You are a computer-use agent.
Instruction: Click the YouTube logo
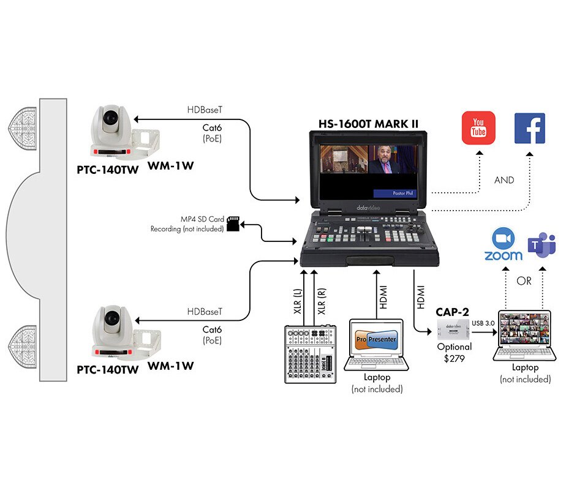[478, 127]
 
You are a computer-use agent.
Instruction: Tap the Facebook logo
[529, 127]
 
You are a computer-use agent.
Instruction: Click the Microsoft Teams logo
[542, 245]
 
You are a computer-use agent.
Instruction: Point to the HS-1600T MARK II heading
[368, 122]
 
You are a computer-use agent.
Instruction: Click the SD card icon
[233, 224]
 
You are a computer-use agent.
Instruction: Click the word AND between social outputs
[504, 181]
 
